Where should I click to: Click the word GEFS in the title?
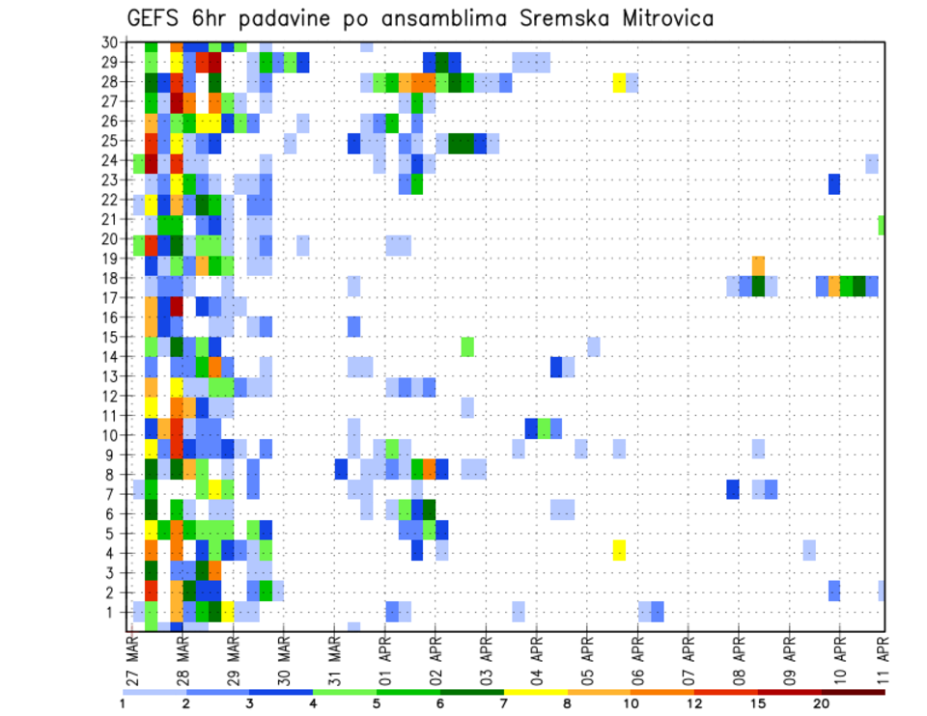pos(155,19)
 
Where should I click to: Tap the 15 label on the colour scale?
pos(758,703)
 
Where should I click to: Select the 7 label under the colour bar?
pos(504,703)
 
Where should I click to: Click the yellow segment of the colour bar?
pos(536,692)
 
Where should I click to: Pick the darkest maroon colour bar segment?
pos(853,692)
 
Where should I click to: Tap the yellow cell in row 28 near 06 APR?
pos(619,82)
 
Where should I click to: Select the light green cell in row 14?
pos(467,345)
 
